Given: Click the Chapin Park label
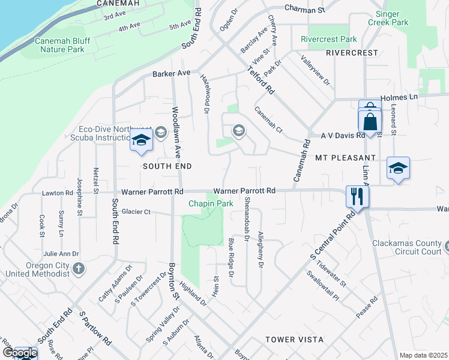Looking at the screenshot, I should [x=211, y=204].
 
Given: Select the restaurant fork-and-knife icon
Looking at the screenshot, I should [x=357, y=196].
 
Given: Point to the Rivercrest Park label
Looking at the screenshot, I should [x=329, y=40].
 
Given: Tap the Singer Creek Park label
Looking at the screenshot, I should [x=391, y=18].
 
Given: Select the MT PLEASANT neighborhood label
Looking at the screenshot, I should [x=345, y=157].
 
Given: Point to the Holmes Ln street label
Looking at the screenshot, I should [x=400, y=97].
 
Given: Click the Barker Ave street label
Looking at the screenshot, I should [x=171, y=73].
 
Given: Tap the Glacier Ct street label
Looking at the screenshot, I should [x=136, y=212].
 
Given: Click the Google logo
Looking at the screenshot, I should [x=19, y=353].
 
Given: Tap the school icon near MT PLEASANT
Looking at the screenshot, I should [x=398, y=168].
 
